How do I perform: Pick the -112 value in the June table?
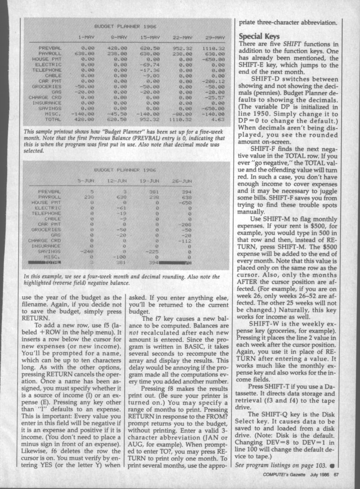pos(184,241)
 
